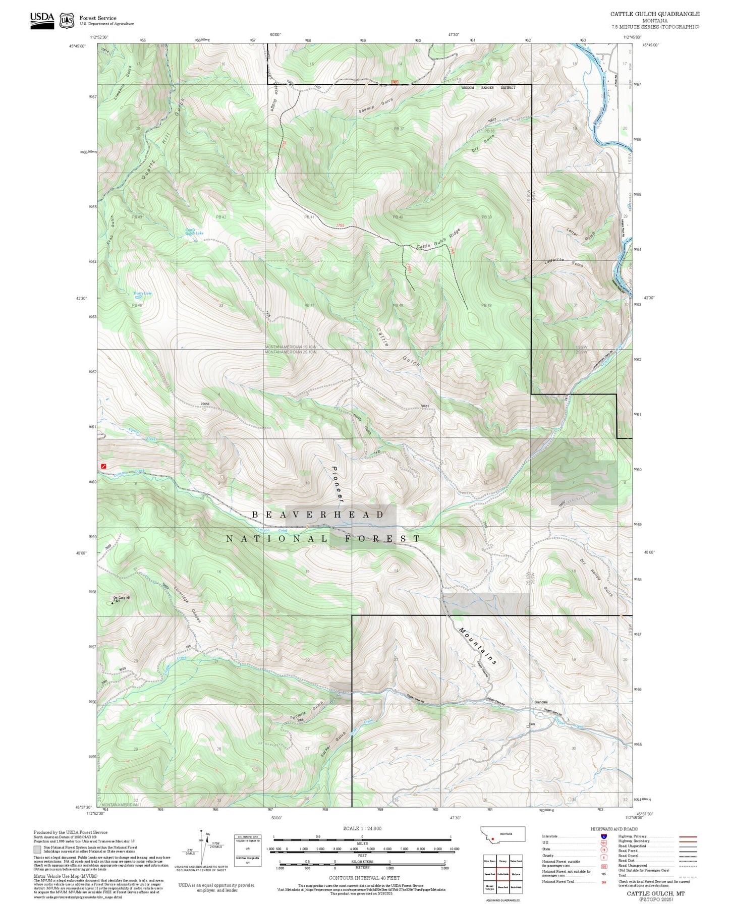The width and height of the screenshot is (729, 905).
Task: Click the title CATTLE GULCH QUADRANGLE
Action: click(654, 14)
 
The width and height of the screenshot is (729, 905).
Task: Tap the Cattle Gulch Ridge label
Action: click(438, 240)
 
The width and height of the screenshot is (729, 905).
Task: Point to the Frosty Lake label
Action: click(142, 293)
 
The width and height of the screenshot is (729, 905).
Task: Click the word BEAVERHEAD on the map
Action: click(318, 515)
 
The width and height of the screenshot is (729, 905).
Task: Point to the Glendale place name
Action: click(541, 702)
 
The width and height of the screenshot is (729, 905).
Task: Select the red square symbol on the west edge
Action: click(103, 466)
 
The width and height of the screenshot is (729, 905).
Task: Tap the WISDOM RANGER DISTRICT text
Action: click(488, 88)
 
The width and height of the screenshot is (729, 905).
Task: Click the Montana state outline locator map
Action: click(502, 834)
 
